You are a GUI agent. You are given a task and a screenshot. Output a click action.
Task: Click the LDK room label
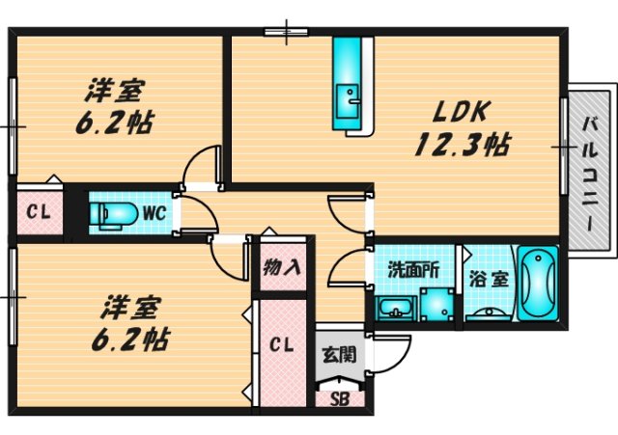[x=462, y=112]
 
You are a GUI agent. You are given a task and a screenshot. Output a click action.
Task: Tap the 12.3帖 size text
[x=463, y=145]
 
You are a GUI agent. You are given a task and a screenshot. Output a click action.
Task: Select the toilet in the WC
[x=114, y=214]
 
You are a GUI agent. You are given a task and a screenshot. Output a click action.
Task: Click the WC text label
[x=154, y=213]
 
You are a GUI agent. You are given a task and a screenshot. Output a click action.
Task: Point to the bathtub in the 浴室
[x=537, y=283]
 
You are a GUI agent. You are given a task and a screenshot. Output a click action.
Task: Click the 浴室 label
[x=489, y=280]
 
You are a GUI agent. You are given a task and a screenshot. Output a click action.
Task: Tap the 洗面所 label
[x=413, y=269]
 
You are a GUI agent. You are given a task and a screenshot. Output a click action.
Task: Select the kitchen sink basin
[x=348, y=101]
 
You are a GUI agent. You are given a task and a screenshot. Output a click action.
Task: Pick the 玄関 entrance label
[x=339, y=355]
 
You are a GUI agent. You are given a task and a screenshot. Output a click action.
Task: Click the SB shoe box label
[x=340, y=399]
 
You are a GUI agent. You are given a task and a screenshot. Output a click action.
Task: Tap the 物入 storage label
[x=282, y=267]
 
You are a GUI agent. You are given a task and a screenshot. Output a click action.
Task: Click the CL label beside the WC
[x=39, y=212]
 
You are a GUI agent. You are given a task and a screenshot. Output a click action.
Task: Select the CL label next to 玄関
[x=281, y=345]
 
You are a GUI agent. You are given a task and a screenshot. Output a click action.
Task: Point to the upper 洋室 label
[x=114, y=90]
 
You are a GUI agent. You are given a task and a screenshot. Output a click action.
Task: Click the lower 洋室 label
[x=130, y=308]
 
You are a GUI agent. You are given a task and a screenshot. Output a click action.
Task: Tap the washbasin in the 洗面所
[x=396, y=308]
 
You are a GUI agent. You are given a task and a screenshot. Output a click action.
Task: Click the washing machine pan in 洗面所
[x=436, y=304]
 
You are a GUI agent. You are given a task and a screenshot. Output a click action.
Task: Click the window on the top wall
[x=286, y=32]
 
